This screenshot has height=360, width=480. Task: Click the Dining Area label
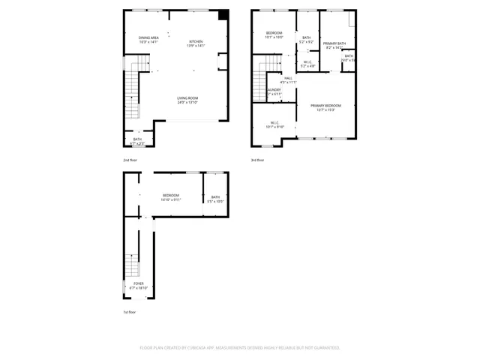click(148, 39)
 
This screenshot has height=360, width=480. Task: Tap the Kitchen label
click(196, 43)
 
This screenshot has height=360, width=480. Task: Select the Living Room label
click(187, 100)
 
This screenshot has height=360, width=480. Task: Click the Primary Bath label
click(334, 46)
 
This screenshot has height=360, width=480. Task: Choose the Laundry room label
click(274, 91)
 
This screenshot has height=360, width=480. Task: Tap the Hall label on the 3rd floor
click(288, 79)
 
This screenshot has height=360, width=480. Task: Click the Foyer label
click(139, 285)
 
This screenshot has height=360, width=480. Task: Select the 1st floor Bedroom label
click(171, 197)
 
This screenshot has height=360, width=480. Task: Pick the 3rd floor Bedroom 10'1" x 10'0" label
click(274, 34)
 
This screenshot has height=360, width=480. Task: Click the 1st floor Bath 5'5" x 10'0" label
click(215, 199)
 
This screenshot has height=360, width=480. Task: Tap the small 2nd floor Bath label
click(138, 140)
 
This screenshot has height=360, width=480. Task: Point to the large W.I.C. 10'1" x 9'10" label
click(274, 124)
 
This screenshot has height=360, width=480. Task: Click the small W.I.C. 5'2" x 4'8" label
click(307, 64)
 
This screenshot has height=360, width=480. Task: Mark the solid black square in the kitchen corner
click(223, 15)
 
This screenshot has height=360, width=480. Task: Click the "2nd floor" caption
click(130, 159)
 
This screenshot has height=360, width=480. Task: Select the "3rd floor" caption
click(258, 159)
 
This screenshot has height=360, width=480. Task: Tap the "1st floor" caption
click(130, 312)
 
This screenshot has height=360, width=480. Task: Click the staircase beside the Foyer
click(132, 262)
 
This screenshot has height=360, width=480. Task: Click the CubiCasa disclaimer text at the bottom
click(240, 347)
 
